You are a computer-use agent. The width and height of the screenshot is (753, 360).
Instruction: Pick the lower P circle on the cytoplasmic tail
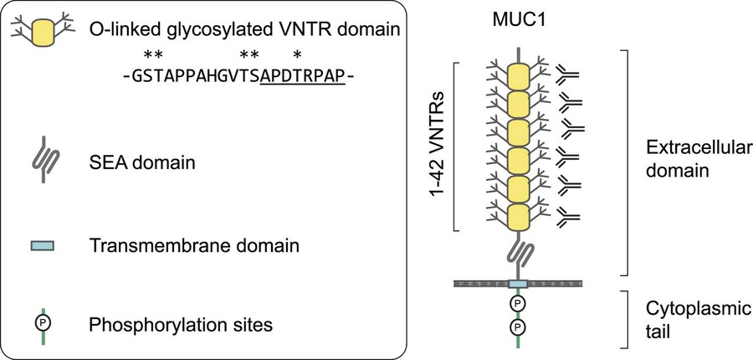pyautogui.click(x=519, y=326)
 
